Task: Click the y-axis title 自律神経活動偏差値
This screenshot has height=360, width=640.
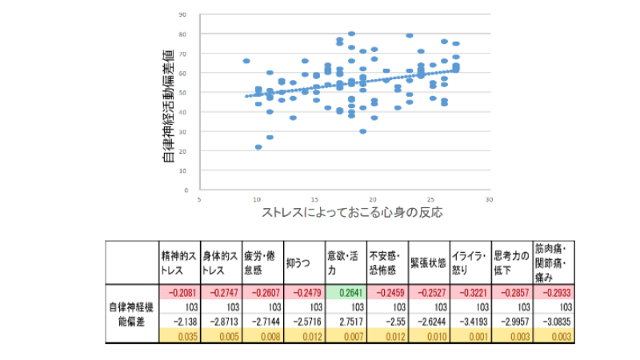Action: coord(169,105)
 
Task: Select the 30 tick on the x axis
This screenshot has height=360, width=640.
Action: coord(489,200)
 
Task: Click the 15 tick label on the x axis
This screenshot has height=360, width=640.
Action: coord(315,200)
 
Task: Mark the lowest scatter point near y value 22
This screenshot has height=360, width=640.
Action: coord(258,147)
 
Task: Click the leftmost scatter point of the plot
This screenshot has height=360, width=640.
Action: coord(246,61)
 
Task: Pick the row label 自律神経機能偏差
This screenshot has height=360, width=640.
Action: coord(131,313)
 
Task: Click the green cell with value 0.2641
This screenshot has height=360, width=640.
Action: coord(346,291)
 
